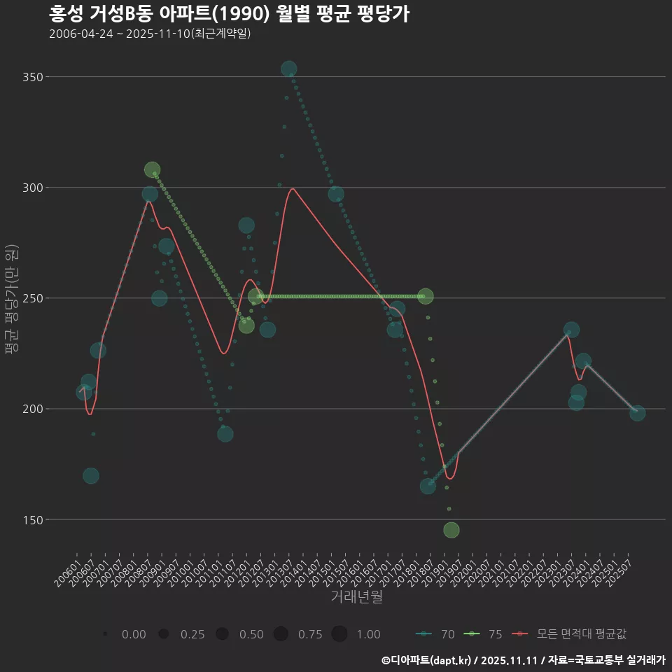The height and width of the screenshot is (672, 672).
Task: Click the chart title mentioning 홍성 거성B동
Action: click(x=229, y=14)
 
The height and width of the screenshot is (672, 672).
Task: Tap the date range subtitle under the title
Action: click(x=150, y=34)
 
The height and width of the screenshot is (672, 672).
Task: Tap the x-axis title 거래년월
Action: click(x=357, y=597)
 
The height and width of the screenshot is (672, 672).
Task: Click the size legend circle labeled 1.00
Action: click(x=339, y=634)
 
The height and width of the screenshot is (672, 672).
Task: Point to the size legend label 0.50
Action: click(x=251, y=634)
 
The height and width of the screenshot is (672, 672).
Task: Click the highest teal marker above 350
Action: click(x=288, y=69)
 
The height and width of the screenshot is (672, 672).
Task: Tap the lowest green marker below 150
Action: click(x=451, y=530)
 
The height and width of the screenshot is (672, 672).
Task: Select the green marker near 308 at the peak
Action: click(x=152, y=170)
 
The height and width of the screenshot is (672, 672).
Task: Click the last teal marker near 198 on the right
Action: click(x=637, y=413)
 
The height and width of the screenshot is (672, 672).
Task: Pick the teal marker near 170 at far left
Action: click(x=91, y=476)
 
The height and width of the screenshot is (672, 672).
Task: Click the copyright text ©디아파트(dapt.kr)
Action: click(x=427, y=660)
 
